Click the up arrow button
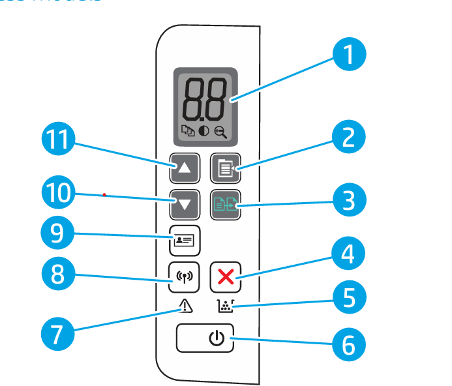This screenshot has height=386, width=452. pos(185,168)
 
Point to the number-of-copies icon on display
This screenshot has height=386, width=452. pos(188,132)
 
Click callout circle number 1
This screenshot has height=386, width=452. pos(349,55)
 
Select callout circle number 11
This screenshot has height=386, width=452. pos(57,141)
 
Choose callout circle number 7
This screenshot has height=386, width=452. pos(57,334)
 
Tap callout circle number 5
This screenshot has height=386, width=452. pos(349,298)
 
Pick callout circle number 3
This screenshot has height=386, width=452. pos(349,201)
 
